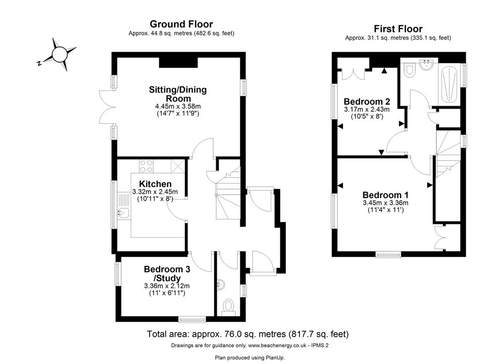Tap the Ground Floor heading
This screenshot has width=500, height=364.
pyautogui.click(x=181, y=24)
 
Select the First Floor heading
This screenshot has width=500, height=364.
pyautogui.click(x=398, y=29)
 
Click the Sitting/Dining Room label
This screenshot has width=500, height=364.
pyautogui.click(x=178, y=94)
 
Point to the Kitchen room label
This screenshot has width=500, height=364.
pyautogui.click(x=155, y=184)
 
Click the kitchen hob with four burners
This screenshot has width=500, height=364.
pyautogui.click(x=146, y=166)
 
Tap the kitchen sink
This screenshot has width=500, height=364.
pyautogui.click(x=123, y=212)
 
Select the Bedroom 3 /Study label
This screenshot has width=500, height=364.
pyautogui.click(x=167, y=274)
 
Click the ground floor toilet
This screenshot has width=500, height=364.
pyautogui.click(x=229, y=307)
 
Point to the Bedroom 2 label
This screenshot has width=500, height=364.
pyautogui.click(x=367, y=102)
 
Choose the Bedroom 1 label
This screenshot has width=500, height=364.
pyautogui.click(x=385, y=195)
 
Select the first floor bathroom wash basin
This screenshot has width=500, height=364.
pyautogui.click(x=426, y=65)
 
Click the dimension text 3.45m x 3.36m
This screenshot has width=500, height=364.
pyautogui.click(x=385, y=203)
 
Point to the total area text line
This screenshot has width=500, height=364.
pyautogui.click(x=247, y=334)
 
